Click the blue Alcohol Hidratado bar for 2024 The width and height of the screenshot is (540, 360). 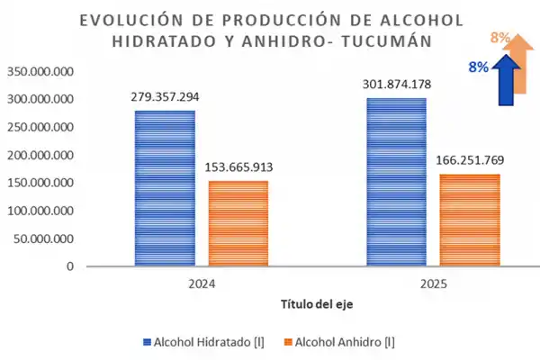[165, 188]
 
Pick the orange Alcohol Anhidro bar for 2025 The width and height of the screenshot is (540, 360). [470, 220]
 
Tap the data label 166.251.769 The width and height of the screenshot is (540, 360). [470, 159]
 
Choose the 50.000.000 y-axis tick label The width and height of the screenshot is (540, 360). [43, 238]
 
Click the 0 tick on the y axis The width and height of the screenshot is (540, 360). [69, 266]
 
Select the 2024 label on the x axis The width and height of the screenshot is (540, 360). [202, 283]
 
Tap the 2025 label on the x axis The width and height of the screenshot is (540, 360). [433, 283]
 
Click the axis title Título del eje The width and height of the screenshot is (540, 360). [317, 304]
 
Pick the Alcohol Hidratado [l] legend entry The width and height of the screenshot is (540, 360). [209, 342]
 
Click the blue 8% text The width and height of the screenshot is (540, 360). [478, 67]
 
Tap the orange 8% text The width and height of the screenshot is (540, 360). [500, 38]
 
